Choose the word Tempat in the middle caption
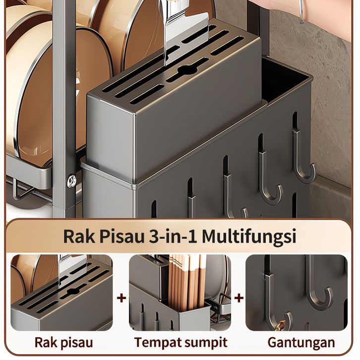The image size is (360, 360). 157,342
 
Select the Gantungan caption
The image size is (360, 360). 301,342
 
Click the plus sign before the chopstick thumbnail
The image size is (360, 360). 121,298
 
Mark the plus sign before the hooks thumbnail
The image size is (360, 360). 239,298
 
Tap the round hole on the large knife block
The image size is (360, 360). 185,69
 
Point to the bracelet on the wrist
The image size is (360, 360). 301,12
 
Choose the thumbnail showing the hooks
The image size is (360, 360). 296,293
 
